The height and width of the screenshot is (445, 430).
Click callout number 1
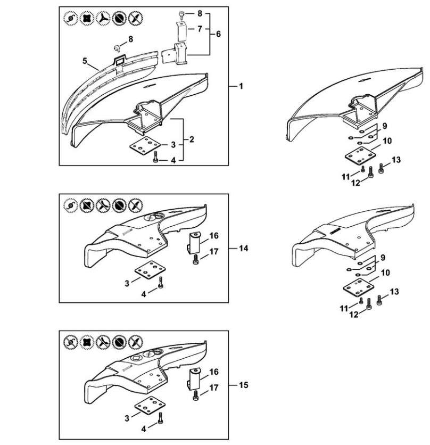pos(241,86)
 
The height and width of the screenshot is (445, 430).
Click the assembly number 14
pos(243,249)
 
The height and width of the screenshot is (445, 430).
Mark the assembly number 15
pos(243,385)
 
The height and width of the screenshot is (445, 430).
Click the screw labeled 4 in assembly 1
pos(155,158)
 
